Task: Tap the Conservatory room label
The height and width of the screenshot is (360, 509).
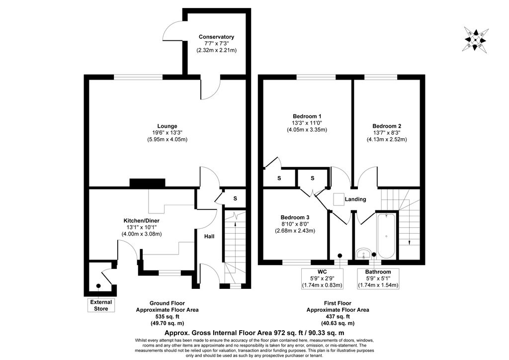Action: (x=216, y=37)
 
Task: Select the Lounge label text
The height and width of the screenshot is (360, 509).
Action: (x=167, y=126)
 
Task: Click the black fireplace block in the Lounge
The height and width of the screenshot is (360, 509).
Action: (x=147, y=183)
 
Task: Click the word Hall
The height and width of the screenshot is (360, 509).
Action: (x=209, y=236)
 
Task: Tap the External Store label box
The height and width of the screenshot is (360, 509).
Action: (x=101, y=305)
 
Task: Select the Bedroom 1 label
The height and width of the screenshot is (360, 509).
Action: (x=307, y=116)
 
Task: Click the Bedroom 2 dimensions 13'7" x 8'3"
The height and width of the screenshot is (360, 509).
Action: (x=387, y=132)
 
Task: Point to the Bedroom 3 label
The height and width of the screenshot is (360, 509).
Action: (x=295, y=217)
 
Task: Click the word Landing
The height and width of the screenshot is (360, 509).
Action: (x=355, y=199)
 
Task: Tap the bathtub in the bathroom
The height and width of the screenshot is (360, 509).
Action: (x=386, y=235)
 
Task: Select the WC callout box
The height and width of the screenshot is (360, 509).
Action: (x=322, y=278)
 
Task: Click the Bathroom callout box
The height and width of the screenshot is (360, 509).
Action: (x=378, y=278)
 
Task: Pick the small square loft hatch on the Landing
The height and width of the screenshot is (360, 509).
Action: (x=339, y=199)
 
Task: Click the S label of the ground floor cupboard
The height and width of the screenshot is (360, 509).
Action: (x=235, y=198)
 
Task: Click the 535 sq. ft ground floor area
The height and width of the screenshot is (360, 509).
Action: (x=167, y=317)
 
